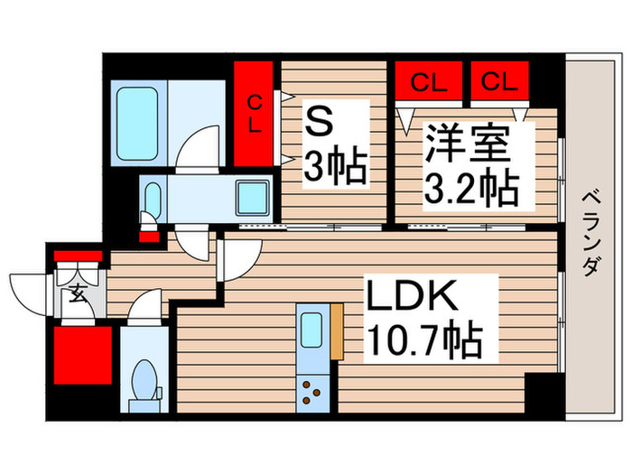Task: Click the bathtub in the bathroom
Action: click(136, 124)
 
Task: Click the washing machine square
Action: click(252, 198)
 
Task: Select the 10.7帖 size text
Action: click(425, 339)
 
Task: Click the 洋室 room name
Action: click(467, 143)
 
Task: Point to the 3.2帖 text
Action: click(471, 188)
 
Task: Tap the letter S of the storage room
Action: click(319, 124)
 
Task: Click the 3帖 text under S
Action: click(335, 167)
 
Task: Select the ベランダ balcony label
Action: click(590, 234)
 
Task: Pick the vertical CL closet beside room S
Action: click(254, 114)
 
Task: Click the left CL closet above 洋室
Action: click(429, 80)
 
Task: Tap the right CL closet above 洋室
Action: click(499, 80)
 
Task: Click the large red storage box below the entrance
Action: click(83, 355)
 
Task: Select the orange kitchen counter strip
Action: click(337, 331)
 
